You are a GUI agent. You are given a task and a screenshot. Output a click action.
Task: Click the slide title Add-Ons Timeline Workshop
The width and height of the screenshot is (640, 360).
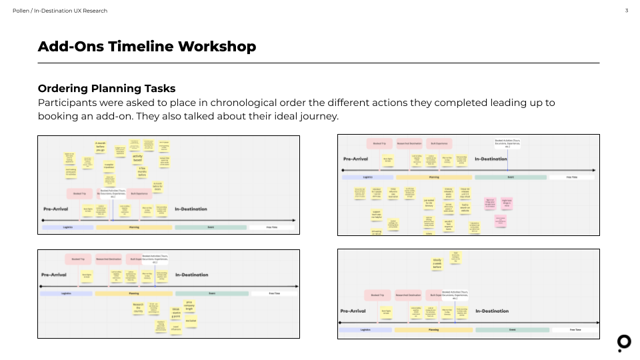tap(147, 47)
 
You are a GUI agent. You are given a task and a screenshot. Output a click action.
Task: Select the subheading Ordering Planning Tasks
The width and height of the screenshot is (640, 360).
tap(107, 89)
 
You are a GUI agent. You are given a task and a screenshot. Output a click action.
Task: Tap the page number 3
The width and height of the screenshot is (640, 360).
tap(627, 11)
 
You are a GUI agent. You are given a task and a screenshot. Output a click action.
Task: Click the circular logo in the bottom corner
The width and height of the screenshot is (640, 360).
tap(624, 343)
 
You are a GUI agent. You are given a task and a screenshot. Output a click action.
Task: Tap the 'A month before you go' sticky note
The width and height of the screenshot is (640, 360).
tap(101, 145)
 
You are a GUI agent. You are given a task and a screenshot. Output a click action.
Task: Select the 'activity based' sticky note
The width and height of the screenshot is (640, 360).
tap(137, 158)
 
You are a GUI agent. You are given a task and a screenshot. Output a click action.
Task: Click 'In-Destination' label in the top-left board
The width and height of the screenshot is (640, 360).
tap(191, 209)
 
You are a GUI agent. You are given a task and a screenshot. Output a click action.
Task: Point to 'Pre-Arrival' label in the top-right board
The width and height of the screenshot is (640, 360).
tap(356, 159)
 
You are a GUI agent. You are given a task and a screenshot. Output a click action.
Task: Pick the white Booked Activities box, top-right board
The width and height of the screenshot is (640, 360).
tap(507, 142)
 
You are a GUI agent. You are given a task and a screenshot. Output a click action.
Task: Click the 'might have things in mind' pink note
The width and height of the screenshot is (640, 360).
tap(507, 203)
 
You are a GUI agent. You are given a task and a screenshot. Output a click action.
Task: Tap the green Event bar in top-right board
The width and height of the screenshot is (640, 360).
tap(510, 177)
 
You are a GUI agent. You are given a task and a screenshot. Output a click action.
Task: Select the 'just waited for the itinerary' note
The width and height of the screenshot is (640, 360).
tap(429, 203)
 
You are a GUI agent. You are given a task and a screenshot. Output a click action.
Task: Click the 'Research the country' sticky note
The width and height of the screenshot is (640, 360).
tap(139, 308)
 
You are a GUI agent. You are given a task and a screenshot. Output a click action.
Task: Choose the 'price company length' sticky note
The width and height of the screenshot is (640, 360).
tap(189, 305)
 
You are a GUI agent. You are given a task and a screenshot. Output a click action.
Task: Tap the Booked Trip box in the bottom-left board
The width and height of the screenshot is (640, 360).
tap(78, 259)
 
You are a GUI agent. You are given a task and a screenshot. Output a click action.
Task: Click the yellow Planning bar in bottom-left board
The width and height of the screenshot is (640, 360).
tap(133, 293)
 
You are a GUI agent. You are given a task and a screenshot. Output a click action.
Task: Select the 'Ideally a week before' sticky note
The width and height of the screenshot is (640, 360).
tap(437, 263)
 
